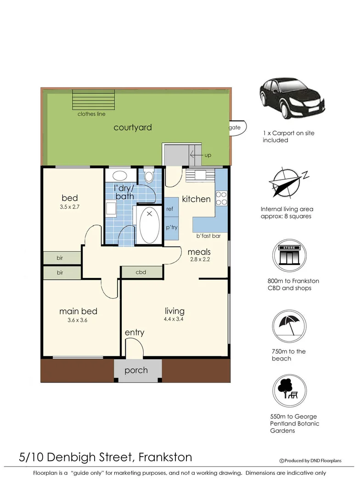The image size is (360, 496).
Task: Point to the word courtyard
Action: click(x=133, y=127)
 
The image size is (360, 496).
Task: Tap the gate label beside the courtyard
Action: click(x=235, y=128)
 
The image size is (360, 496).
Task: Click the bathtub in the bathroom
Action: click(x=148, y=225)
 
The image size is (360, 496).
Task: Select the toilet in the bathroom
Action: click(x=149, y=176)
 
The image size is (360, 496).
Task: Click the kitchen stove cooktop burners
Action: click(x=221, y=198)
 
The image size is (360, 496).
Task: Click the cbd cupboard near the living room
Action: click(x=141, y=272)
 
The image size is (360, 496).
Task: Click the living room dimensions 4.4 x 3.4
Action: click(x=174, y=319)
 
